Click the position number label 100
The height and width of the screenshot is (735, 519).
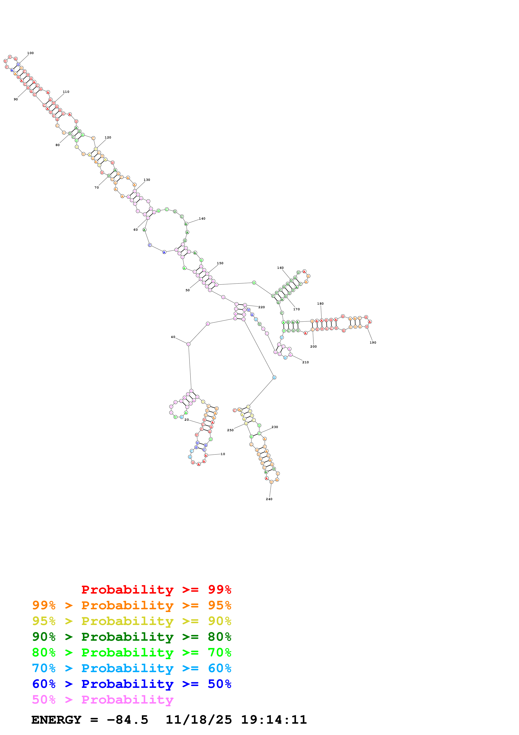pos(30,53)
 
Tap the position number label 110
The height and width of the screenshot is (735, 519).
pos(66,92)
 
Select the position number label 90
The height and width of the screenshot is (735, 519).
pos(16,99)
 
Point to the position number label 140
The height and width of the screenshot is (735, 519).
pos(202,219)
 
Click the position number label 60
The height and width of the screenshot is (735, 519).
pos(136,229)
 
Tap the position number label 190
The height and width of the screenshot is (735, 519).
pos(373,343)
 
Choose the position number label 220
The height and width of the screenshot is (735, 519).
pos(261,307)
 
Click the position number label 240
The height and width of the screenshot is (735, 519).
pos(269,499)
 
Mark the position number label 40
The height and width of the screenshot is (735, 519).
pos(173,337)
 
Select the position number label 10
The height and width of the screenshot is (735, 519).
pos(223,454)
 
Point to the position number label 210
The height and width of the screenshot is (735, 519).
pos(305,362)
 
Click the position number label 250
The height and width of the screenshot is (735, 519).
pos(230,430)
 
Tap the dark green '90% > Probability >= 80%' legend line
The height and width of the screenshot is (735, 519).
pos(131,637)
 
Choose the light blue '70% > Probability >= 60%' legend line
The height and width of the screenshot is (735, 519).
pos(131,668)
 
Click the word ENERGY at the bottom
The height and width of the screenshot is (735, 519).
pos(56,720)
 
